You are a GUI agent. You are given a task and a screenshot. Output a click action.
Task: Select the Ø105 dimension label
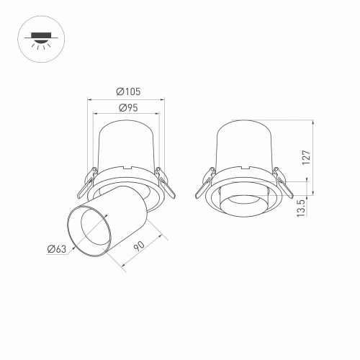(127, 91)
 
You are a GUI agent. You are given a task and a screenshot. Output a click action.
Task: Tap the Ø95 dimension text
(127, 108)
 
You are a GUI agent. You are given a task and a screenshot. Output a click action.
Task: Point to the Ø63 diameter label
(57, 249)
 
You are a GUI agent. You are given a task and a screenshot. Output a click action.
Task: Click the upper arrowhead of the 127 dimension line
(312, 123)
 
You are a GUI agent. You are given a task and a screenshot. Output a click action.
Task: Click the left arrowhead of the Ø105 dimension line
(90, 96)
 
